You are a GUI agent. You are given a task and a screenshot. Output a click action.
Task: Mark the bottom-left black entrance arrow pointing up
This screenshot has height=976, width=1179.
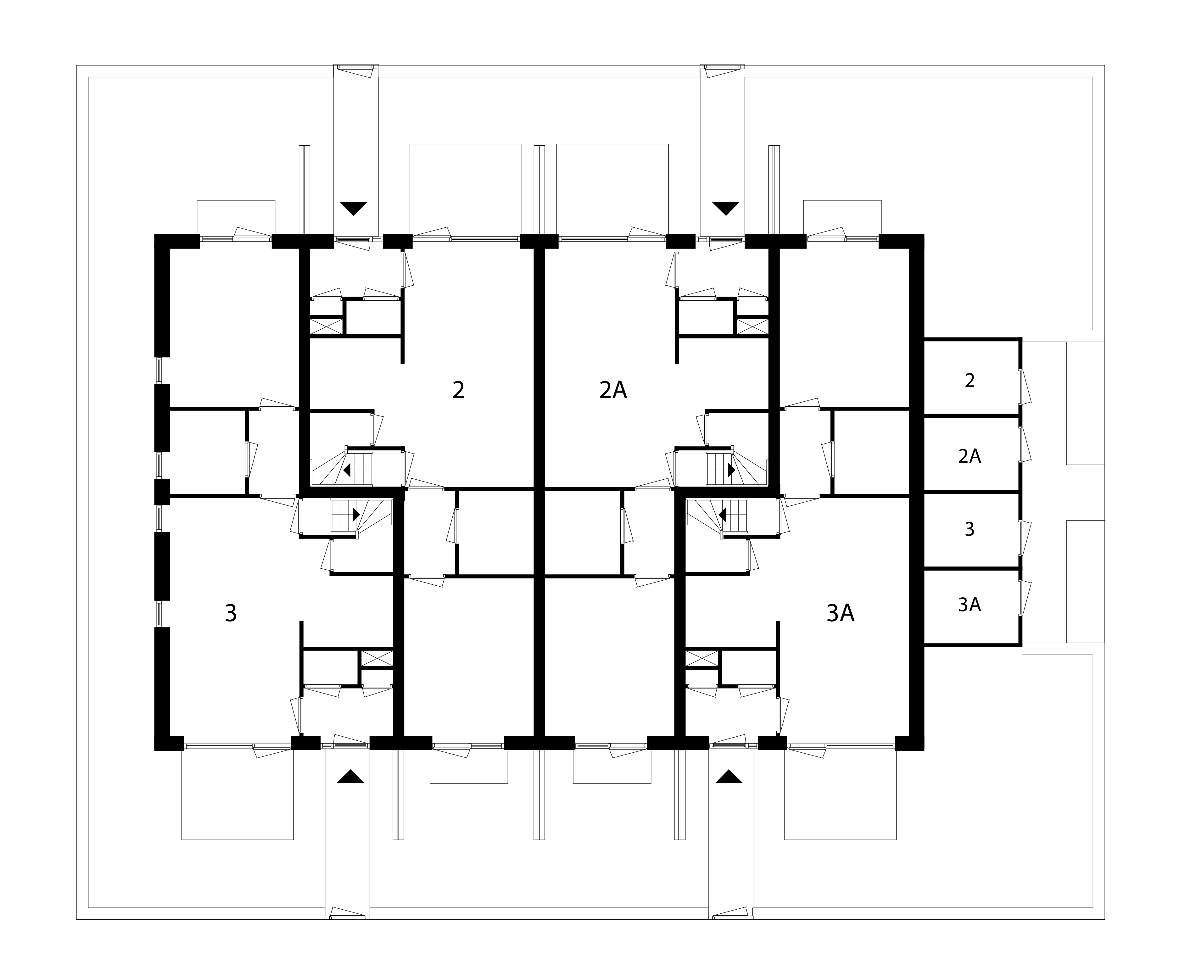click(x=350, y=777)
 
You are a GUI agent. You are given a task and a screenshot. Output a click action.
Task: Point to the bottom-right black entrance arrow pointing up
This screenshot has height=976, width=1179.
click(x=729, y=777)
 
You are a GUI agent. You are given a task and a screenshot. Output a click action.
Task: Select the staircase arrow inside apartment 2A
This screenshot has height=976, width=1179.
click(x=732, y=470)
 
